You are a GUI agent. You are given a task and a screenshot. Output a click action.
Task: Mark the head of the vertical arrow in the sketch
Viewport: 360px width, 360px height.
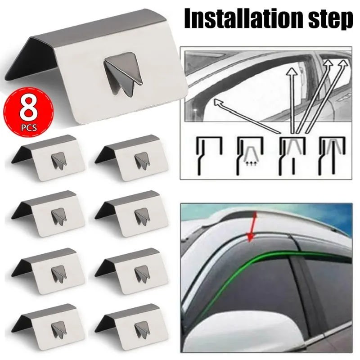293,72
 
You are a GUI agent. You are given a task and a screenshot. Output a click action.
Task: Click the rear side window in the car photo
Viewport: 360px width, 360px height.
333,292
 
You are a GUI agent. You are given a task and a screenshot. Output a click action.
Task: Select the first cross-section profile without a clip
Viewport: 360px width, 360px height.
209,155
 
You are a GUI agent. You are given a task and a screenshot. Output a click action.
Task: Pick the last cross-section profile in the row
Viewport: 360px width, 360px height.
329,155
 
